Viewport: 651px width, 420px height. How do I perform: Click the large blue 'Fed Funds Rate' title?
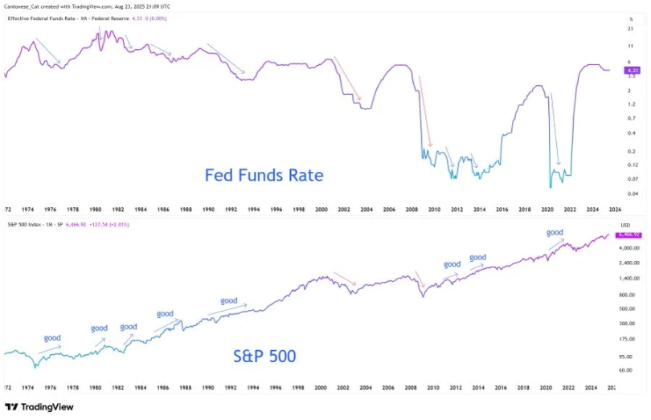point(264,174)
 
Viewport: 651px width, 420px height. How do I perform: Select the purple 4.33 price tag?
point(629,71)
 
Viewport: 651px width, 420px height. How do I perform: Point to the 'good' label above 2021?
point(555,232)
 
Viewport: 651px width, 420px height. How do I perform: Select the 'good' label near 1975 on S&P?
point(52,337)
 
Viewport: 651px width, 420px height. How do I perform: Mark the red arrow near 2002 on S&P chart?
point(345,278)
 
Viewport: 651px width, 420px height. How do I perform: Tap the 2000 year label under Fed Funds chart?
point(321,209)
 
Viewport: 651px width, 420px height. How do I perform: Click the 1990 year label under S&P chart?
point(209,387)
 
